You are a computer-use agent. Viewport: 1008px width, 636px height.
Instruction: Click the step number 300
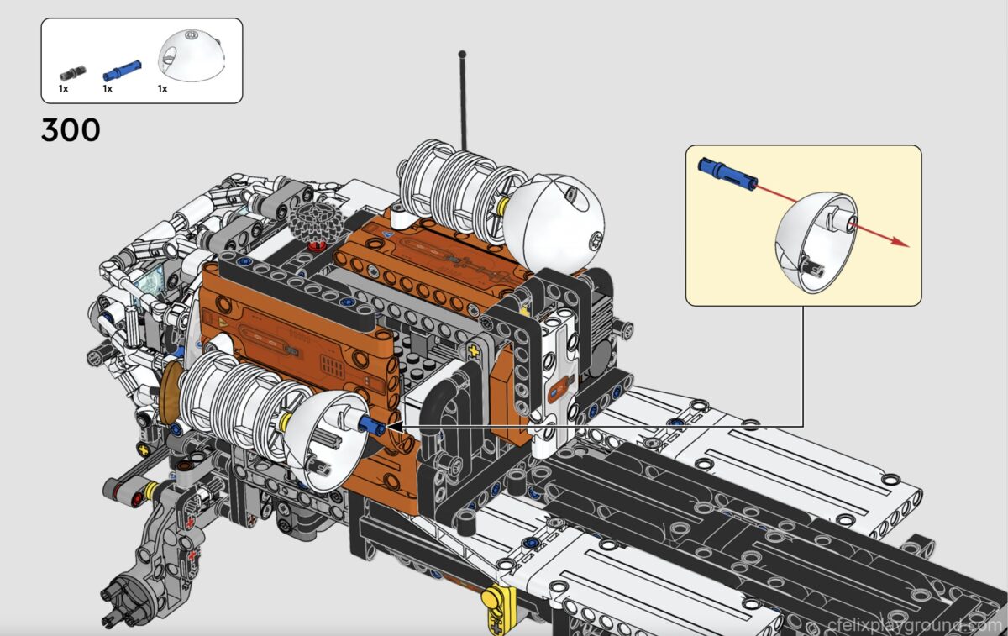click(71, 130)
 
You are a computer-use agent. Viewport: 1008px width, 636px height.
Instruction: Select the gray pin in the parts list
click(72, 73)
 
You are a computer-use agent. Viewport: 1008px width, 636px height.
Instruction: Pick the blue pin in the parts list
click(122, 71)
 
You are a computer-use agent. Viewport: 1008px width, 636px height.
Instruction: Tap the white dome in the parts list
click(192, 55)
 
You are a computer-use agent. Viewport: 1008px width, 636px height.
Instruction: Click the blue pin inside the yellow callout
click(727, 174)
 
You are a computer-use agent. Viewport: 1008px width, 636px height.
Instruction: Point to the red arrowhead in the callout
click(900, 242)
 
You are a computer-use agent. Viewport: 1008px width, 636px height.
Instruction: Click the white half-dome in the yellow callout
click(816, 243)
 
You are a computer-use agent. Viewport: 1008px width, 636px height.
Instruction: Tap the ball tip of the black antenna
click(462, 54)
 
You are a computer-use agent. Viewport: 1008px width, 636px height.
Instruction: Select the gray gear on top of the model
click(317, 220)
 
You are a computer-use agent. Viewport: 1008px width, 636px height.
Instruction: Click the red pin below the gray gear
click(317, 246)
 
